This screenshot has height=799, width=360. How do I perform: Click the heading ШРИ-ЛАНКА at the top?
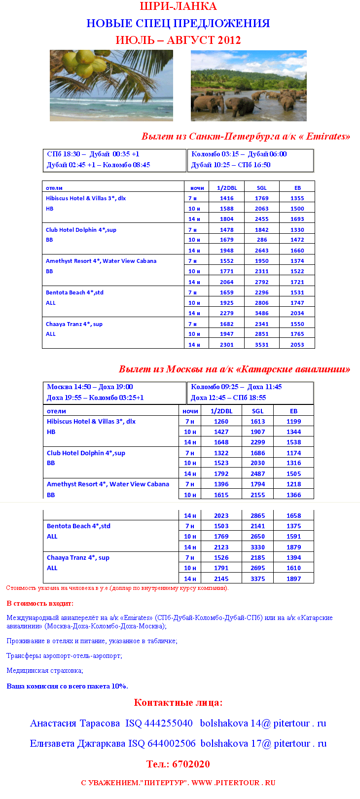tap(178, 6)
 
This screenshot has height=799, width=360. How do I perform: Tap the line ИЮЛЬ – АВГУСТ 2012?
tap(178, 40)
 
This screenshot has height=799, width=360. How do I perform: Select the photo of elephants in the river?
tap(249, 86)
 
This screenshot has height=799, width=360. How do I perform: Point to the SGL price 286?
tap(262, 240)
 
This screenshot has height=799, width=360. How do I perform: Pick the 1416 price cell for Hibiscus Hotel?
tap(227, 198)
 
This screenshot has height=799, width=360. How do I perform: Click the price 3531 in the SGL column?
tap(262, 345)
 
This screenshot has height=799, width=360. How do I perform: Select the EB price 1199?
tap(294, 422)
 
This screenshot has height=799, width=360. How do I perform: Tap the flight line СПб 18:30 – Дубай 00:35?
tap(93, 154)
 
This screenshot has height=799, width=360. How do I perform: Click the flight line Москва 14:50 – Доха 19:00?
tap(90, 387)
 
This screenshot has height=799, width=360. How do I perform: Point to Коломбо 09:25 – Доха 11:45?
tap(236, 387)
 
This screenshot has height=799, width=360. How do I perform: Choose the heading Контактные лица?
tap(178, 703)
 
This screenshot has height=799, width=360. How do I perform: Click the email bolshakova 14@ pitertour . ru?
tap(263, 724)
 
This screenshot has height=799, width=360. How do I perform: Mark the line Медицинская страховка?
tap(45, 671)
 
